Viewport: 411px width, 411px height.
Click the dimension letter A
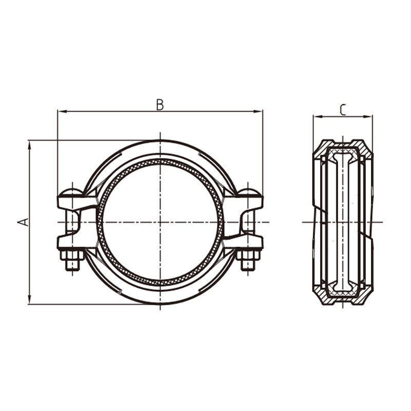click(23, 222)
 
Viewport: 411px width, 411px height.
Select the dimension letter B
click(160, 105)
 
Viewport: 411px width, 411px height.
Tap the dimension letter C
click(343, 109)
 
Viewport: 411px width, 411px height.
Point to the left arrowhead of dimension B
click(61, 111)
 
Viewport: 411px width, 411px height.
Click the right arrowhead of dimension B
click(259, 111)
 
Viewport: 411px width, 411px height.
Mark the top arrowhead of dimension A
click(30, 144)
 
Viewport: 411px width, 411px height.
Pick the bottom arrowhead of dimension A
click(30, 301)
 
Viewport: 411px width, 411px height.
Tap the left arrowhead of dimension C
click(316, 117)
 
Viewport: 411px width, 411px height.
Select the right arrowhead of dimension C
click(369, 117)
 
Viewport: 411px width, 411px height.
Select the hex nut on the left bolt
click(72, 255)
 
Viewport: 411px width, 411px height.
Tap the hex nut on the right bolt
click(249, 255)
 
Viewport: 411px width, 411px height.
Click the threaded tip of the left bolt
click(72, 266)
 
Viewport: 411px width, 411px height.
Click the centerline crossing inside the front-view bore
click(160, 222)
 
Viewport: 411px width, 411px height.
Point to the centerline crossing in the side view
click(343, 222)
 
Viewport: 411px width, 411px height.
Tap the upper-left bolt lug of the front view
click(77, 202)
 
